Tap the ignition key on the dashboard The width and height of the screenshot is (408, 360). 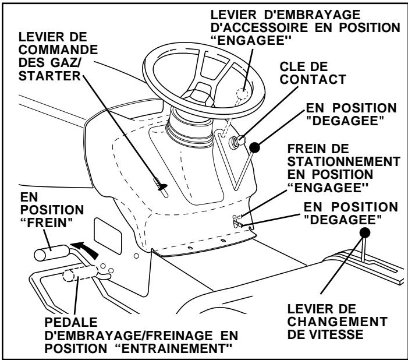pyautogui.click(x=239, y=140)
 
